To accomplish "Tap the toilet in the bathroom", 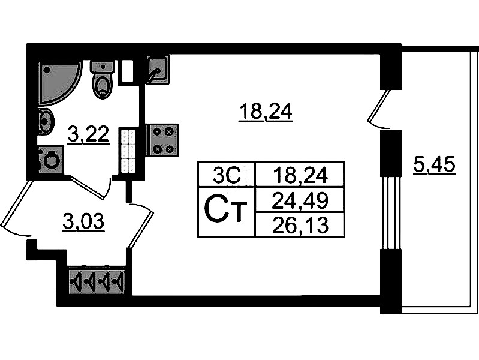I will (x=103, y=80).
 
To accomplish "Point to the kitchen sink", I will (x=157, y=70).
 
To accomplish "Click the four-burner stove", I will (x=162, y=140).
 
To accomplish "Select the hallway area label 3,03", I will (x=83, y=222).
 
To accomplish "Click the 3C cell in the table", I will (x=227, y=175).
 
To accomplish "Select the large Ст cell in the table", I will (x=227, y=211).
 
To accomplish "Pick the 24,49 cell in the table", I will (x=300, y=199).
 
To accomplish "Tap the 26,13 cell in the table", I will (x=300, y=224).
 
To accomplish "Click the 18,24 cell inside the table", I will (x=300, y=175).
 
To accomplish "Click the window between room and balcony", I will (x=390, y=213).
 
